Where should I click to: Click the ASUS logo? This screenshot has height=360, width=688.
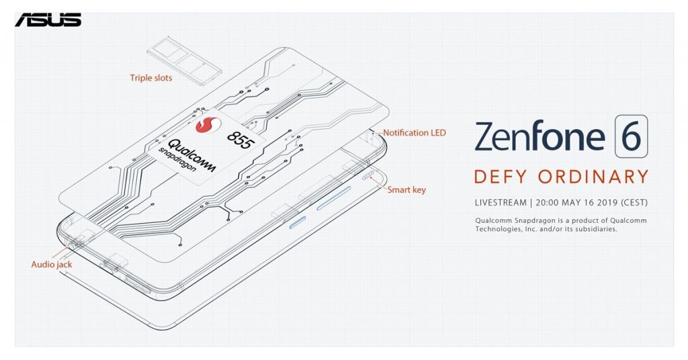coord(48,19)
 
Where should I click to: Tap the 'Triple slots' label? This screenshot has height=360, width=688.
coord(151,78)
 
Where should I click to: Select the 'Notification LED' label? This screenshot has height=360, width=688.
coord(414,132)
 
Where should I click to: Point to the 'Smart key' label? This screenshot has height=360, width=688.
coord(406,190)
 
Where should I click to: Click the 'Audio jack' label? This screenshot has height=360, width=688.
coord(51,265)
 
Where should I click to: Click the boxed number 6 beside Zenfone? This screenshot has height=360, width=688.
coord(631,136)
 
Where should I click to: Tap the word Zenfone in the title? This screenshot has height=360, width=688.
coord(540,136)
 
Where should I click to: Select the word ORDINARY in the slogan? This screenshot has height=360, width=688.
coord(593,177)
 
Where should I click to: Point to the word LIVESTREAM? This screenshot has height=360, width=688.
coord(501,203)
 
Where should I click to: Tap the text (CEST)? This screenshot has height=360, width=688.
coord(634,203)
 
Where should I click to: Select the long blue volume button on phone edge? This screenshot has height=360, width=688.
coord(334,198)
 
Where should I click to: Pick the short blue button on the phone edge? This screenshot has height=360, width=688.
coord(297,223)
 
